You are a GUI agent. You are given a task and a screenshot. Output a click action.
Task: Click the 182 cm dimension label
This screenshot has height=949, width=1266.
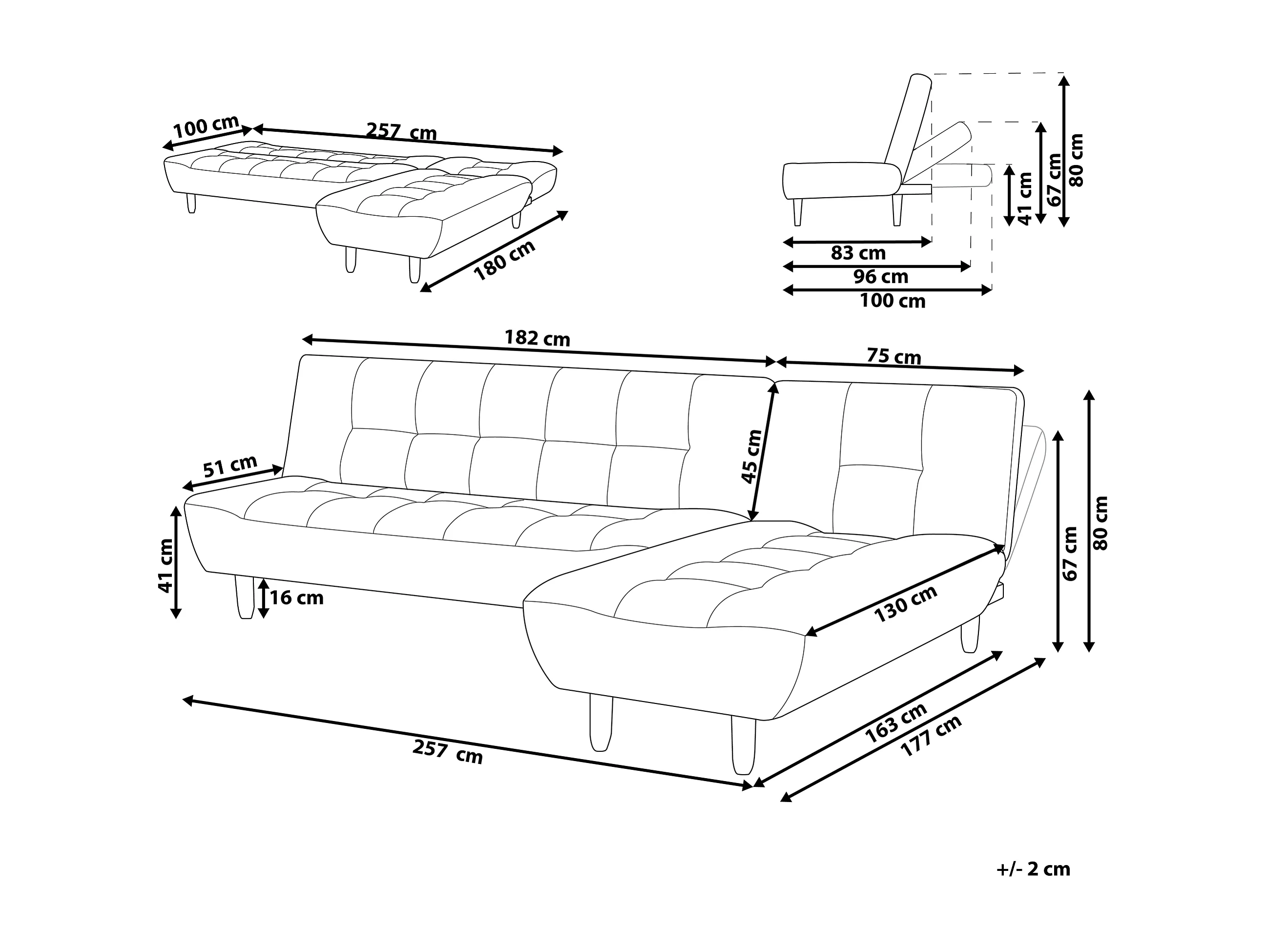537,338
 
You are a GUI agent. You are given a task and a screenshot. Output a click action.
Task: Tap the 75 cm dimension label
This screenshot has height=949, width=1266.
893,356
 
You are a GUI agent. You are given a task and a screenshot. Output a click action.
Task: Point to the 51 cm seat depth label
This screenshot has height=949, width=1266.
230,467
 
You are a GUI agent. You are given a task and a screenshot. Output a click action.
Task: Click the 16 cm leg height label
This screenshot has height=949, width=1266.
296,598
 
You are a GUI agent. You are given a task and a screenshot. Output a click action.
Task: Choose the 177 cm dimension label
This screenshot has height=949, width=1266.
931,736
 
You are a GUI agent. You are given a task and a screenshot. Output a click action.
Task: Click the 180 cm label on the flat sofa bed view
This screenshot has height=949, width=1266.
505,260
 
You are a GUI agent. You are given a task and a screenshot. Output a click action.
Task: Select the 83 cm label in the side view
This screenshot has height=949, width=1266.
858,252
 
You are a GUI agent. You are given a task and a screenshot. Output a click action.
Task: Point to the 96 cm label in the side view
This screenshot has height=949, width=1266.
881,277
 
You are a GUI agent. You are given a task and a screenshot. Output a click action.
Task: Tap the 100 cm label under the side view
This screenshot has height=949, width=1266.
892,301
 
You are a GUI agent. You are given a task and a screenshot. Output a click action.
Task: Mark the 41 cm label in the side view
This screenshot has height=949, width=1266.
1026,198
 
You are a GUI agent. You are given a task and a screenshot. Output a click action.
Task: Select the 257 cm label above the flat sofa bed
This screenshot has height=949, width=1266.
401,132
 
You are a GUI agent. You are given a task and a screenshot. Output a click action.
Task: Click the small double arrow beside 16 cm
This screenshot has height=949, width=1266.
263,598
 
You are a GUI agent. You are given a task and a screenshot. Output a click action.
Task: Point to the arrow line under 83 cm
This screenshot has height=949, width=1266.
857,242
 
